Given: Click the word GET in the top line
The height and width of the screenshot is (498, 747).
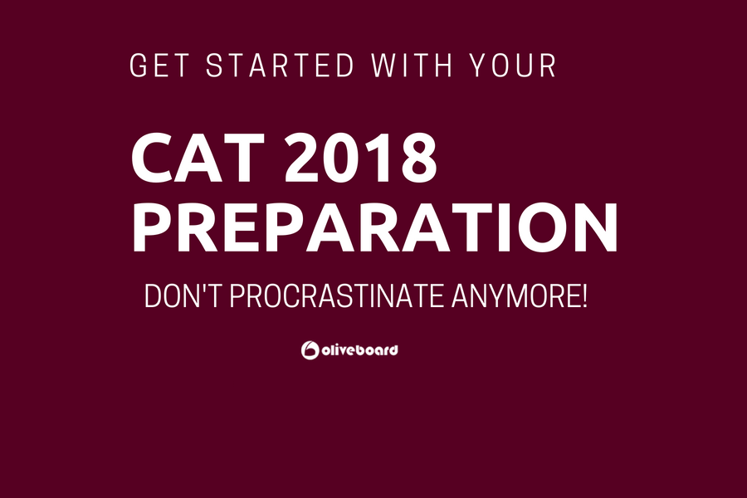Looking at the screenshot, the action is (x=159, y=66).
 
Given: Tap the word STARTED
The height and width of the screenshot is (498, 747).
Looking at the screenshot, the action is (x=281, y=66).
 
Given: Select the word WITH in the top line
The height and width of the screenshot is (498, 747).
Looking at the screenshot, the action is (x=412, y=66).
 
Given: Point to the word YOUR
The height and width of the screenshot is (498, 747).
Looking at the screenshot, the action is (x=513, y=66).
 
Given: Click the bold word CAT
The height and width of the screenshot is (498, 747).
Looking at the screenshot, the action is (x=198, y=158).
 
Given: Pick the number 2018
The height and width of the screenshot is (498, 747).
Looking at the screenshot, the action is (x=362, y=158).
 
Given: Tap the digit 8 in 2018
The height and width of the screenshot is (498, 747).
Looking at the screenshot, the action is (x=418, y=158).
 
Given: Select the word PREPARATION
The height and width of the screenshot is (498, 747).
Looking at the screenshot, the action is (x=375, y=227).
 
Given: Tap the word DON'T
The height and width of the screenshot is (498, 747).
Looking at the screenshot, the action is (x=183, y=296).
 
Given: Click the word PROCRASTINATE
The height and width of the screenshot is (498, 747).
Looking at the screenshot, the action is (x=337, y=296).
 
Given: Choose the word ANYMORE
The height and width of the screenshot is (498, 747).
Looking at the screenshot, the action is (x=515, y=296).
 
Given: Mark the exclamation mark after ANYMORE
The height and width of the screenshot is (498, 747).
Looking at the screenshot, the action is (x=584, y=296).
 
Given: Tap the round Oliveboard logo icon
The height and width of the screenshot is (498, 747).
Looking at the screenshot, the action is (x=310, y=350).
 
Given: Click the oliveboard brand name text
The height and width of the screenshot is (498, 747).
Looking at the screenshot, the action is (x=359, y=350).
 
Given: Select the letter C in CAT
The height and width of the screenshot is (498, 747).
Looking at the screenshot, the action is (x=152, y=158).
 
